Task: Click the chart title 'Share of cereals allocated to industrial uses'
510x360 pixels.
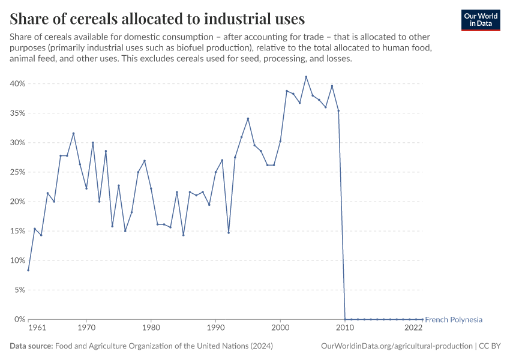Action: click(157, 18)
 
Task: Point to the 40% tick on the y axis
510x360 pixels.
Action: click(16, 84)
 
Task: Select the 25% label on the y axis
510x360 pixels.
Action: click(16, 172)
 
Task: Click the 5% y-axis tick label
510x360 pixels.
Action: click(18, 290)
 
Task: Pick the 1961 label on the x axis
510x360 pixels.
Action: click(37, 328)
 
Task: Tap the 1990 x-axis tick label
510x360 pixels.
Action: click(215, 328)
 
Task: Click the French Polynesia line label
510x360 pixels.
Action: click(454, 320)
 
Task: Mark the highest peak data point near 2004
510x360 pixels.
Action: click(306, 77)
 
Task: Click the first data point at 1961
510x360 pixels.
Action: click(28, 270)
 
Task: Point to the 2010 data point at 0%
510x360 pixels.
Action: click(345, 319)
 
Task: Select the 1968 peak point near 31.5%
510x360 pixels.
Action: click(73, 133)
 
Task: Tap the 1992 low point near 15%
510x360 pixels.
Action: click(229, 233)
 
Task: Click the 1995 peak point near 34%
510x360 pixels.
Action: click(248, 118)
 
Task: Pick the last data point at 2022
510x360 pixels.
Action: click(422, 319)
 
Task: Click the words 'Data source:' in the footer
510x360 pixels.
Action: click(31, 346)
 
